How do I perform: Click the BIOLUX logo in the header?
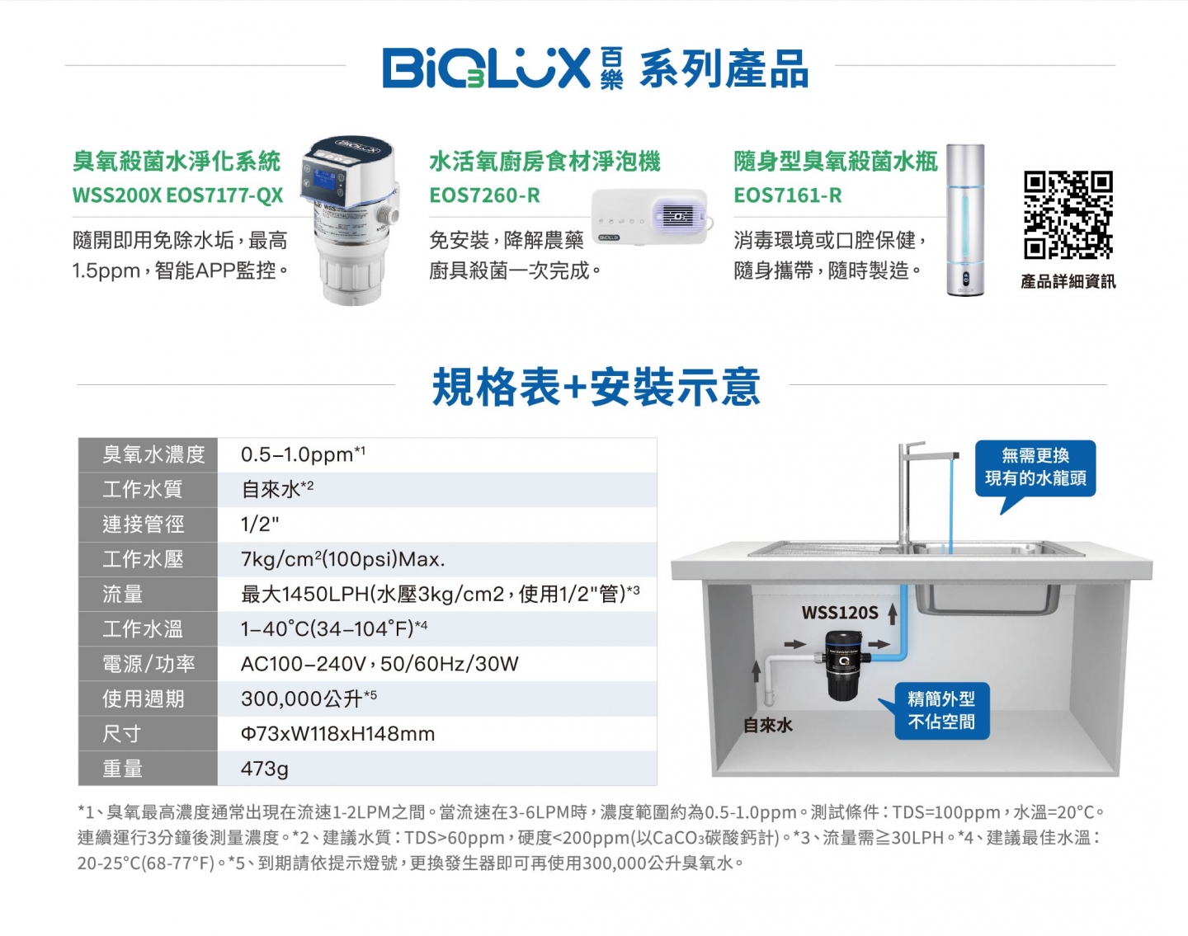click(502, 68)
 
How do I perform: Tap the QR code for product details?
click(1068, 214)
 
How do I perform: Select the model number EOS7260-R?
click(485, 195)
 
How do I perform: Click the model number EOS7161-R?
click(788, 195)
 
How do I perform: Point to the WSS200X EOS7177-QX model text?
click(177, 195)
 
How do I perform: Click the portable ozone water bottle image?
click(965, 219)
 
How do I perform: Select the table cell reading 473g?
click(437, 769)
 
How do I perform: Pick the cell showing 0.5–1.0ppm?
click(437, 454)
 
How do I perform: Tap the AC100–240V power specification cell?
click(437, 663)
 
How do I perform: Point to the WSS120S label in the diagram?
click(839, 613)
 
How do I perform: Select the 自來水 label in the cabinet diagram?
click(768, 725)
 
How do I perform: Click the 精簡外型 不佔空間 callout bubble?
click(941, 711)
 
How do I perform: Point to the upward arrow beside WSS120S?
click(892, 614)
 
